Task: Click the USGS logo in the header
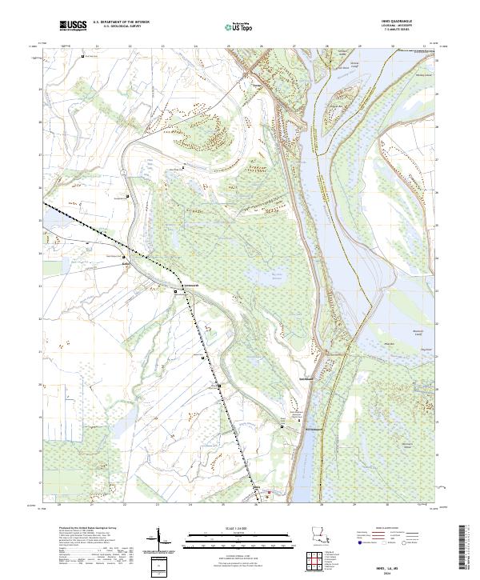[73, 26]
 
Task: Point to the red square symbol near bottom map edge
[270, 492]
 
